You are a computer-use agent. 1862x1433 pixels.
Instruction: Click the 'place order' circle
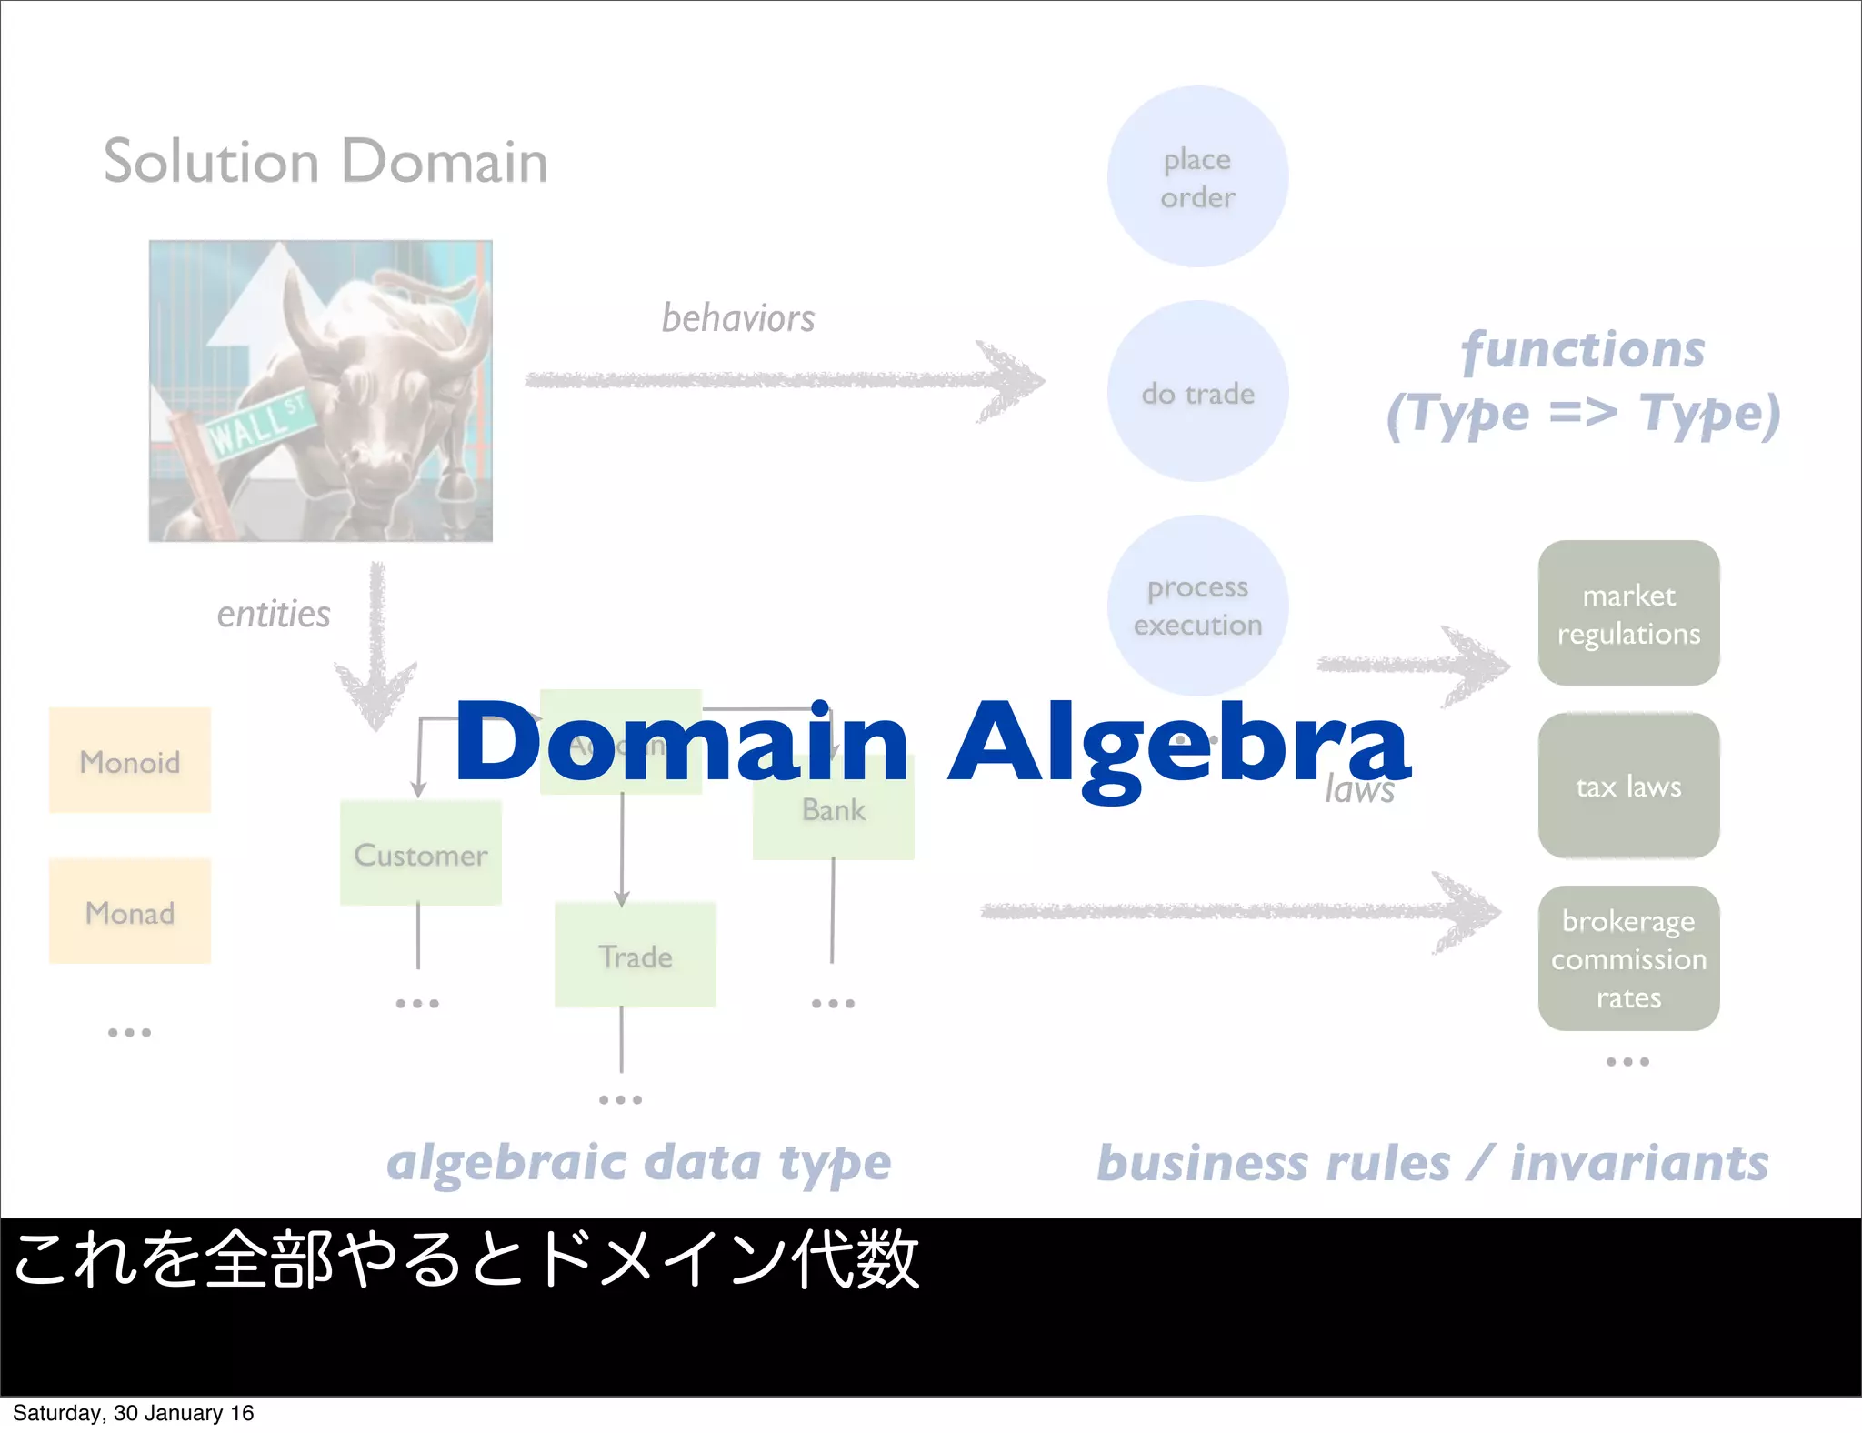1197,177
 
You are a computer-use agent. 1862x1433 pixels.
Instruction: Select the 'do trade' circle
1197,392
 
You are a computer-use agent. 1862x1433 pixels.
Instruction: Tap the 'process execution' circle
1197,605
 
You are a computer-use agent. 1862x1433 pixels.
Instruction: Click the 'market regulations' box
1627,613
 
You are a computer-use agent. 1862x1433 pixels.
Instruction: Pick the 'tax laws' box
1627,786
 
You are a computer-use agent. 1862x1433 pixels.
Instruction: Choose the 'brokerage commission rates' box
1627,958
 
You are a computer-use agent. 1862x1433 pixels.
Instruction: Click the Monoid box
130,761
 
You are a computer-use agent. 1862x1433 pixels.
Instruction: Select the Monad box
130,911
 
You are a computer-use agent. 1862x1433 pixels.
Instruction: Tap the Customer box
420,854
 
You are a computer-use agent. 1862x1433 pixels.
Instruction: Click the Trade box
635,956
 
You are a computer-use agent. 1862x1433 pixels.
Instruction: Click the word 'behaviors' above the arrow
737,318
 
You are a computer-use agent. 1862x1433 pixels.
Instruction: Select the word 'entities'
273,614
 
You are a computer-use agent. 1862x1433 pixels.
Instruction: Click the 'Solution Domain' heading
325,162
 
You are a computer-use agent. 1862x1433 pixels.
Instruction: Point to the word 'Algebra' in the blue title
1178,744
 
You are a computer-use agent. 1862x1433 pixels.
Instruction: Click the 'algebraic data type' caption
638,1163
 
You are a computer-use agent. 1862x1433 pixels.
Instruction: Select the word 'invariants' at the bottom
1639,1163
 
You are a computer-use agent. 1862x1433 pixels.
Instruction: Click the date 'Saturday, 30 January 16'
133,1413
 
